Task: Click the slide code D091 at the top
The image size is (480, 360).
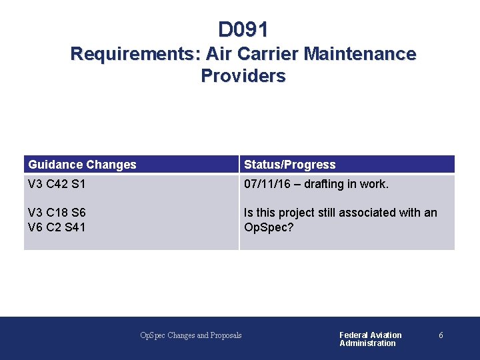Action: [243, 30]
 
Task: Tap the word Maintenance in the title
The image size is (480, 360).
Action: [359, 54]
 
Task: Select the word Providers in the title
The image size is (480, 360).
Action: [243, 76]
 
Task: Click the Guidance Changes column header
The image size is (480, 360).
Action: [82, 165]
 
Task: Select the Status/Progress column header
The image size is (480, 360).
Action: [289, 165]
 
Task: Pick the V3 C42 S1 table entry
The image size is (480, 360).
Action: [57, 184]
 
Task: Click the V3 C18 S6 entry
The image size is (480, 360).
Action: [57, 213]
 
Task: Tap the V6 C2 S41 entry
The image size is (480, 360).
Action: [57, 227]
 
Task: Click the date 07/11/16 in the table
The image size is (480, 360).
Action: [267, 184]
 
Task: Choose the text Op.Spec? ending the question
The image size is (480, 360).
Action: [269, 227]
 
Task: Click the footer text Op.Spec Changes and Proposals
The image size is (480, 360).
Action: [191, 335]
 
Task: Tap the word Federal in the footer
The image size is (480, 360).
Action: [354, 335]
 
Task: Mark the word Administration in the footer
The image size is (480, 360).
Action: [367, 343]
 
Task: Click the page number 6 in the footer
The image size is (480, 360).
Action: [441, 335]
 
